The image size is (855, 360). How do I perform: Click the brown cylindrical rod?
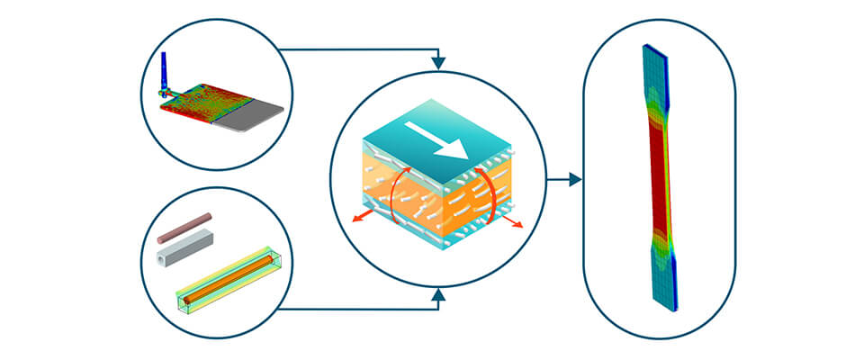click(x=184, y=228)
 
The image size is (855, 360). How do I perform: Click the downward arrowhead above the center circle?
click(x=438, y=64)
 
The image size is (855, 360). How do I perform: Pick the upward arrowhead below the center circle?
click(x=438, y=294)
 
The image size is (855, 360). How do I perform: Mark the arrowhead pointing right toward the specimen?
click(x=576, y=179)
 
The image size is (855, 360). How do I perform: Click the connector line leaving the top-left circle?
click(x=360, y=49)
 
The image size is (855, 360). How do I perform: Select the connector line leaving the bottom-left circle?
click(x=360, y=309)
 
